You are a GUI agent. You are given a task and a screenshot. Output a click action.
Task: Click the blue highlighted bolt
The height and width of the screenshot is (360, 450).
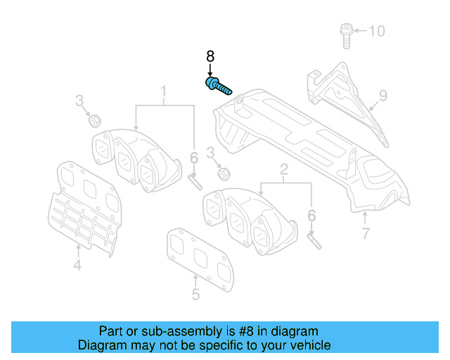[x=219, y=88]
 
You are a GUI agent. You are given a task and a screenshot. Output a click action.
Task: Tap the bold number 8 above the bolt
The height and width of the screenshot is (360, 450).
[x=210, y=56]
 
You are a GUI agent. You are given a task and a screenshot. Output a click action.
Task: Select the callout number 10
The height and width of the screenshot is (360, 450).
[x=377, y=31]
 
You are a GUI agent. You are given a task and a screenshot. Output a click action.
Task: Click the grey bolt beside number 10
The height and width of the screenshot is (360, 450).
[x=346, y=35]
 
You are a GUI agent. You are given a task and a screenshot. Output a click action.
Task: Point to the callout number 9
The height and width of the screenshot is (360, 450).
[x=383, y=95]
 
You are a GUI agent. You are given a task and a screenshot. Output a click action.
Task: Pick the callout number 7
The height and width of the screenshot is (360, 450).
[x=365, y=234]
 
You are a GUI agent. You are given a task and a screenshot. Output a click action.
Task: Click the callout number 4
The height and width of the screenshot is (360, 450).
[x=77, y=264]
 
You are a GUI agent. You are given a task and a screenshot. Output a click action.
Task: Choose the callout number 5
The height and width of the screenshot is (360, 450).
[x=195, y=295]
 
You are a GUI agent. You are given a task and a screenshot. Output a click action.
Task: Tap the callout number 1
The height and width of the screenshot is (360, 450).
[x=164, y=91]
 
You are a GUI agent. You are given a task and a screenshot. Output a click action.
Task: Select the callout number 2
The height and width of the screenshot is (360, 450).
[x=284, y=169]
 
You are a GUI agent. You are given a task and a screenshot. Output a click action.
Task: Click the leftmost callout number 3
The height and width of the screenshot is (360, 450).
[x=81, y=101]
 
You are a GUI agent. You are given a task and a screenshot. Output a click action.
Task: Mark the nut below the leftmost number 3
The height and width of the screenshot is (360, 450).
[x=92, y=121]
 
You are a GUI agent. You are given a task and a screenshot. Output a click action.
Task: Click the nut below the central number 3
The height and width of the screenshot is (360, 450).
[x=223, y=172]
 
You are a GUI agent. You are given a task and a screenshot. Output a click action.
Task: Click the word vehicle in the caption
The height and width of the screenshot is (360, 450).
[x=309, y=345]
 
